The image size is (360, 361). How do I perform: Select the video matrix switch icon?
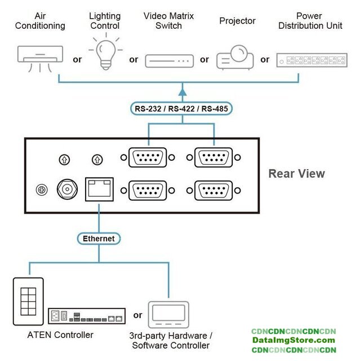click(169, 60)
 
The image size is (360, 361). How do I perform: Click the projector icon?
click(235, 57)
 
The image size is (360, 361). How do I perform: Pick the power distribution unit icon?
click(308, 60)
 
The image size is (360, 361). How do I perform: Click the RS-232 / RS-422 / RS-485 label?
click(182, 109)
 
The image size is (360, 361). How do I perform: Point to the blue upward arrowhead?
click(182, 89)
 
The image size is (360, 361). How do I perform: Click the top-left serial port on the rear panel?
click(148, 157)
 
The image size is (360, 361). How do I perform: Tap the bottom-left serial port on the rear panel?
click(148, 190)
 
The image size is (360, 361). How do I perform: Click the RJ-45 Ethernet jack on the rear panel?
click(99, 188)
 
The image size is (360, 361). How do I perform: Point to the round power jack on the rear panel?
click(66, 190)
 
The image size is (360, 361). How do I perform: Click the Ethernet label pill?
click(99, 239)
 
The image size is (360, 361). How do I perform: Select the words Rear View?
click(296, 174)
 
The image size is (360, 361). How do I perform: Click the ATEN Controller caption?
click(60, 335)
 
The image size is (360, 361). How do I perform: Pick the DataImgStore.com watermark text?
click(293, 340)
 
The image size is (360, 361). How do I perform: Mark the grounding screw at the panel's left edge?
click(40, 190)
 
